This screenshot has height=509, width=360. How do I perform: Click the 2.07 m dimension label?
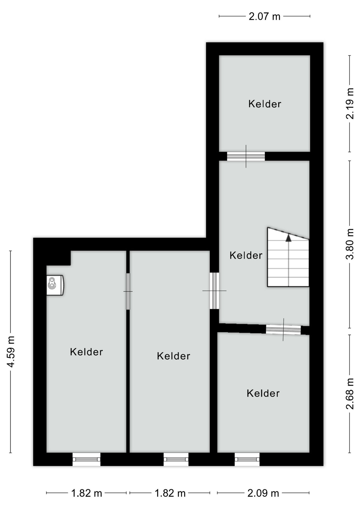(264, 16)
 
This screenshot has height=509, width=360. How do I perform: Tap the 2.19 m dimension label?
(350, 104)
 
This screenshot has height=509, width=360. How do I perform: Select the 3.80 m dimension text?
(350, 244)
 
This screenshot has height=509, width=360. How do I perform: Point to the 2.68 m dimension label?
(350, 394)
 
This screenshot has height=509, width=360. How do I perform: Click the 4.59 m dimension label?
(11, 352)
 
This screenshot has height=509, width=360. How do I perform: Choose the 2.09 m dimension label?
(263, 493)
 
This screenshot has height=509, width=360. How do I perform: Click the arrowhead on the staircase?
(288, 238)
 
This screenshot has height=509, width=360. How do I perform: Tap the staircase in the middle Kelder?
(288, 261)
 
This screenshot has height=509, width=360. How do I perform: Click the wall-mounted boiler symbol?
(55, 285)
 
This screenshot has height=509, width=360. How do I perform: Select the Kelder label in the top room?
(265, 104)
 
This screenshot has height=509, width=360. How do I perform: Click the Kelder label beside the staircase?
(246, 255)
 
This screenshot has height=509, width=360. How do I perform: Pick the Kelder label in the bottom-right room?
(263, 393)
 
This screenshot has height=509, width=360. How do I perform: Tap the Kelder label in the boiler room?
(86, 352)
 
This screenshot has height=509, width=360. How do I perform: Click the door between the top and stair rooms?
(246, 156)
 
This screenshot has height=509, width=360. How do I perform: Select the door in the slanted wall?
(283, 330)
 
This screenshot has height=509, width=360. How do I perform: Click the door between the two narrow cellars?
(128, 291)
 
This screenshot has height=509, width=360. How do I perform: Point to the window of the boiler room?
(86, 459)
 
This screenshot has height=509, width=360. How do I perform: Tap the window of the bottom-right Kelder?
(247, 459)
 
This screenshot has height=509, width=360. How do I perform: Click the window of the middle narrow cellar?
(176, 459)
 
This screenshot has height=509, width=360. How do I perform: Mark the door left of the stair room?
(214, 291)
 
